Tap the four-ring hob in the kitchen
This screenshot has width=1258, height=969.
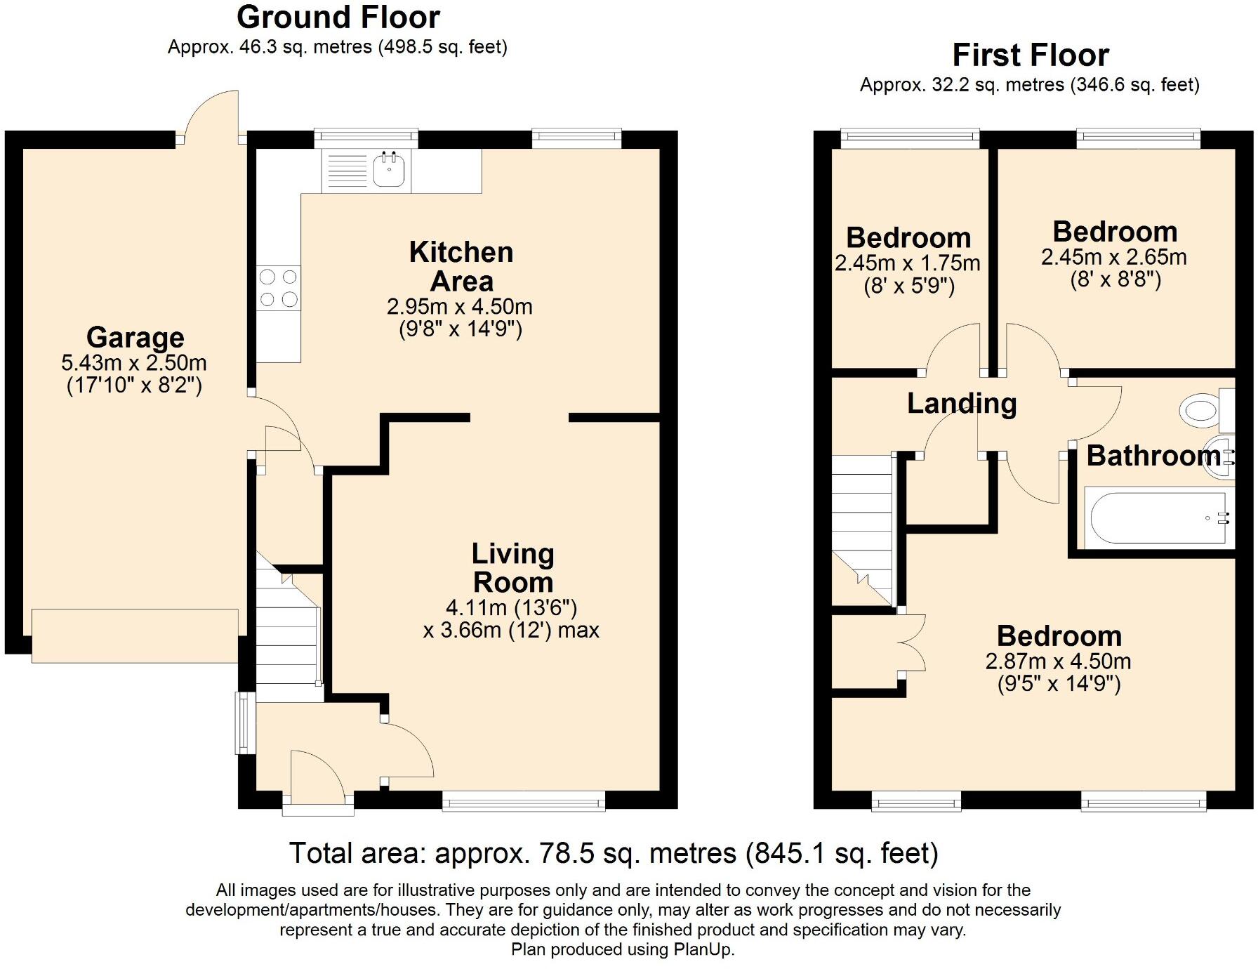point(279,288)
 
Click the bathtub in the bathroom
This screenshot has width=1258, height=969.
point(1159,518)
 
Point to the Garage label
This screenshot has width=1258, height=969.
point(135,337)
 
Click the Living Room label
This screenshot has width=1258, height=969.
point(513,568)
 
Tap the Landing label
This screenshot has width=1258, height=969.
point(962,403)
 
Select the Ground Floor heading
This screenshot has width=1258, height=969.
point(338,17)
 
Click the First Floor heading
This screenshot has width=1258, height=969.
point(1031,55)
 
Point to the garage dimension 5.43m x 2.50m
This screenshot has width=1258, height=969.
point(134,363)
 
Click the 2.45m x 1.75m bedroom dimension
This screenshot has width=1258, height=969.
point(908,263)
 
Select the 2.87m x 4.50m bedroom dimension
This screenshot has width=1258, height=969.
point(1059,661)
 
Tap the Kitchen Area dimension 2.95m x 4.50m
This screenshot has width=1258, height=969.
point(460,307)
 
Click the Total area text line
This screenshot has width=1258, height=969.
point(614,853)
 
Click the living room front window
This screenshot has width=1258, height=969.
point(524,800)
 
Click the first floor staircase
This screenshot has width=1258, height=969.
point(864,530)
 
